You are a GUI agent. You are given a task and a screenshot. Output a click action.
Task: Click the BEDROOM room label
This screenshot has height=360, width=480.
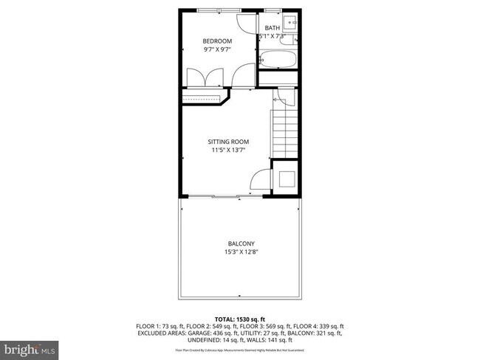pyautogui.click(x=218, y=41)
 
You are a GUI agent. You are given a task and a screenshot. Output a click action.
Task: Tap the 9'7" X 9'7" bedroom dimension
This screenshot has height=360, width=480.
pyautogui.click(x=218, y=49)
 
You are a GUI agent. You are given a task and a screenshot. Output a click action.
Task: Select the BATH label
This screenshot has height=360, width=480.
pyautogui.click(x=273, y=29)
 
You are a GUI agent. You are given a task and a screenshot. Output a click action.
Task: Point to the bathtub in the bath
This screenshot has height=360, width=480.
pyautogui.click(x=278, y=58)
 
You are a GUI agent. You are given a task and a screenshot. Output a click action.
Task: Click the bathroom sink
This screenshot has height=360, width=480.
pyautogui.click(x=290, y=20)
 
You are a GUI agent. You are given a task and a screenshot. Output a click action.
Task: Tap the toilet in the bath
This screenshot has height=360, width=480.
pyautogui.click(x=294, y=40)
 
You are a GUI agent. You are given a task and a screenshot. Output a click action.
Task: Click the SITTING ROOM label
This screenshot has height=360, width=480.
pyautogui.click(x=227, y=142)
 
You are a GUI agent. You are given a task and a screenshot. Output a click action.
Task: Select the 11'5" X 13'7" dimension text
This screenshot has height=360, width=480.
pyautogui.click(x=227, y=150)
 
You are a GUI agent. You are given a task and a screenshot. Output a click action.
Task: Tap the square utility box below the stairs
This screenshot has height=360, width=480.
pyautogui.click(x=285, y=179)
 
